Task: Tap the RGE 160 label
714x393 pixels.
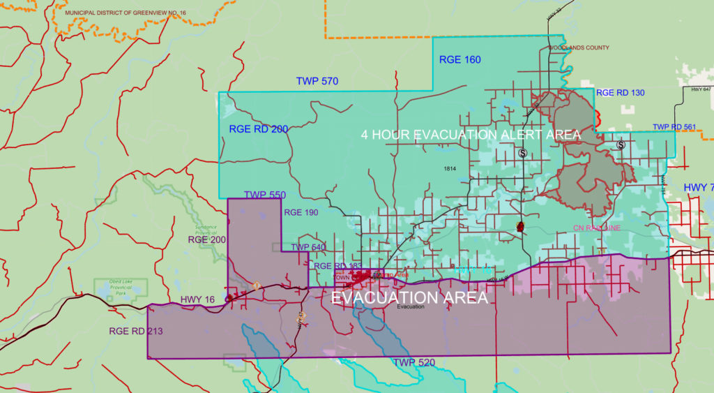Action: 459,60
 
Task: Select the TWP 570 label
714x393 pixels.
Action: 317,82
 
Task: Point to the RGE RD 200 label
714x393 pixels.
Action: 258,129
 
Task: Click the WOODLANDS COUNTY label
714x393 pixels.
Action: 578,48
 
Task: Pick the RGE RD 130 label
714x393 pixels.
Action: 621,93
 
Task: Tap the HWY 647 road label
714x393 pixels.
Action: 697,89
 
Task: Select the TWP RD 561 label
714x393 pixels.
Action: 674,127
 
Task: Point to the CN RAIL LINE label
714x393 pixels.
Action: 596,228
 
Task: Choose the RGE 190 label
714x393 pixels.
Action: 301,212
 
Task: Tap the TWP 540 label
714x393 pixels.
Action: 308,246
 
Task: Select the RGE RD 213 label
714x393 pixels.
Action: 136,331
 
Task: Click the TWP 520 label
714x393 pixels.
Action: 413,362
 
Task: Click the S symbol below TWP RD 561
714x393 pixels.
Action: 621,145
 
